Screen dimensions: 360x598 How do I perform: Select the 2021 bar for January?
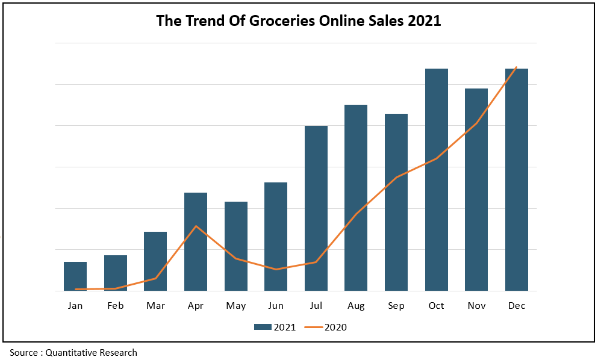75,276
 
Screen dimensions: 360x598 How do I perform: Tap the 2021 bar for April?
196,241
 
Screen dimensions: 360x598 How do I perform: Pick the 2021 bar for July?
316,208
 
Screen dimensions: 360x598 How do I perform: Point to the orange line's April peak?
196,226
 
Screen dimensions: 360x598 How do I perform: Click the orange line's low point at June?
276,269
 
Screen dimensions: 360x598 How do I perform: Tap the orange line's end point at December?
516,67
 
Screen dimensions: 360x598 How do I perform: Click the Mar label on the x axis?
155,306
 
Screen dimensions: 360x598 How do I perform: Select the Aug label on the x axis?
356,306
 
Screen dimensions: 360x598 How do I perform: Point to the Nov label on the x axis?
476,306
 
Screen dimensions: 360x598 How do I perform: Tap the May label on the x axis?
236,306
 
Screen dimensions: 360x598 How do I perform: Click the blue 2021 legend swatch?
263,327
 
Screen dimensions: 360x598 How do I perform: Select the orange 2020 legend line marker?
313,327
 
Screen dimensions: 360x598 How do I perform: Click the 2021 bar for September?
396,202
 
